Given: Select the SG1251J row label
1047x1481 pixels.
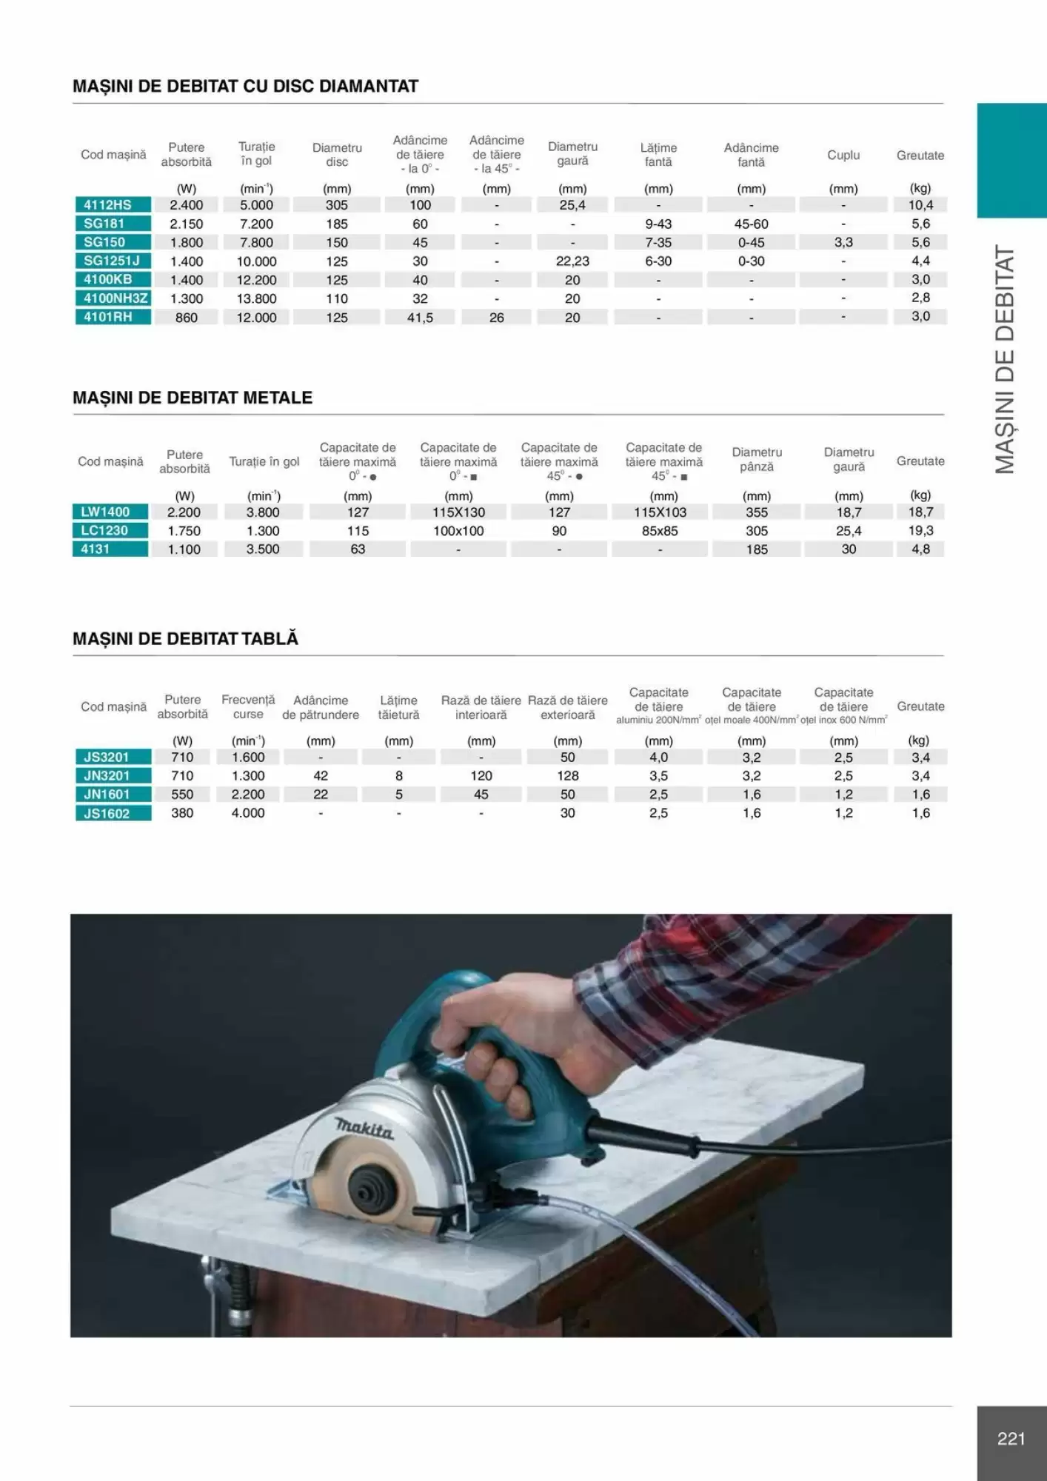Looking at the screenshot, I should point(113,261).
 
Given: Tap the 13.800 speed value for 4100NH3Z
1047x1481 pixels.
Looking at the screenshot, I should point(256,298).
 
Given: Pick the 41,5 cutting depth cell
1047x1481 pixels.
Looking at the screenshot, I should point(420,318).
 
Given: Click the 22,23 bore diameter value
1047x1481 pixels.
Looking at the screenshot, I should point(572,261).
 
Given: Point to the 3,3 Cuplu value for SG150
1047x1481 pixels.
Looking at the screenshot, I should point(843,242).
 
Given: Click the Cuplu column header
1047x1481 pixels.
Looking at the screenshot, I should point(843,155).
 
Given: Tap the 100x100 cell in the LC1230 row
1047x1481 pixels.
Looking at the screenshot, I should point(458,531).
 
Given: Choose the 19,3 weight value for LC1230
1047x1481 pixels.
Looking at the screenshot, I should point(920,530).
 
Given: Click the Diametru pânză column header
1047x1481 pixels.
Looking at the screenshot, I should point(757,459).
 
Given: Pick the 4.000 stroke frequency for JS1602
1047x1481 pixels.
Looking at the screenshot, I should point(248,813).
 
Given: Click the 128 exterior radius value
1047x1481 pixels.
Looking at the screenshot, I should point(568,776).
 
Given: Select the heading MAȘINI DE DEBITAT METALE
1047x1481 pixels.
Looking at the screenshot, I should point(193,398).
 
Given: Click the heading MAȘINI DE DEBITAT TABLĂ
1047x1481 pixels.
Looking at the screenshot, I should point(185,638).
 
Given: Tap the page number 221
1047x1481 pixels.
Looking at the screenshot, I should point(1011,1439).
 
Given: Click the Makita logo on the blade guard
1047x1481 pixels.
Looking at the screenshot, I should point(364,1129).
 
